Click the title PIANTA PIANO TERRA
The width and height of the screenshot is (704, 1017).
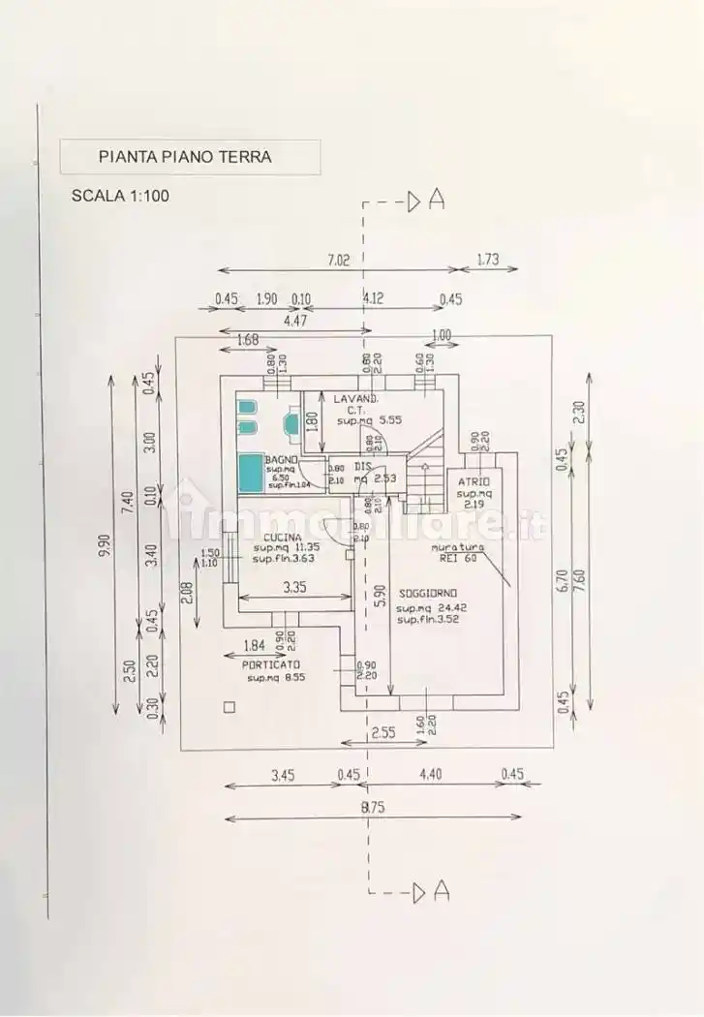186,156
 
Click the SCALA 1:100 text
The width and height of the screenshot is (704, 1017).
120,195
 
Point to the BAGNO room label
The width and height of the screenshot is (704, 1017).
282,458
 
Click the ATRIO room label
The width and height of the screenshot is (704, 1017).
474,481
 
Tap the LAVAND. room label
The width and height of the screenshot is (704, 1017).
356,399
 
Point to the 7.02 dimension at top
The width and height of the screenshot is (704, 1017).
337,259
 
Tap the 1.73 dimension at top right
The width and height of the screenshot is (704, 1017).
488,259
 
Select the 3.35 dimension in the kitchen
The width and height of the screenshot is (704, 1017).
295,586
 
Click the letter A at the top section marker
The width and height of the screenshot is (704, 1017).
437,200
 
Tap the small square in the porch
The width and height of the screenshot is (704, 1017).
229,707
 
